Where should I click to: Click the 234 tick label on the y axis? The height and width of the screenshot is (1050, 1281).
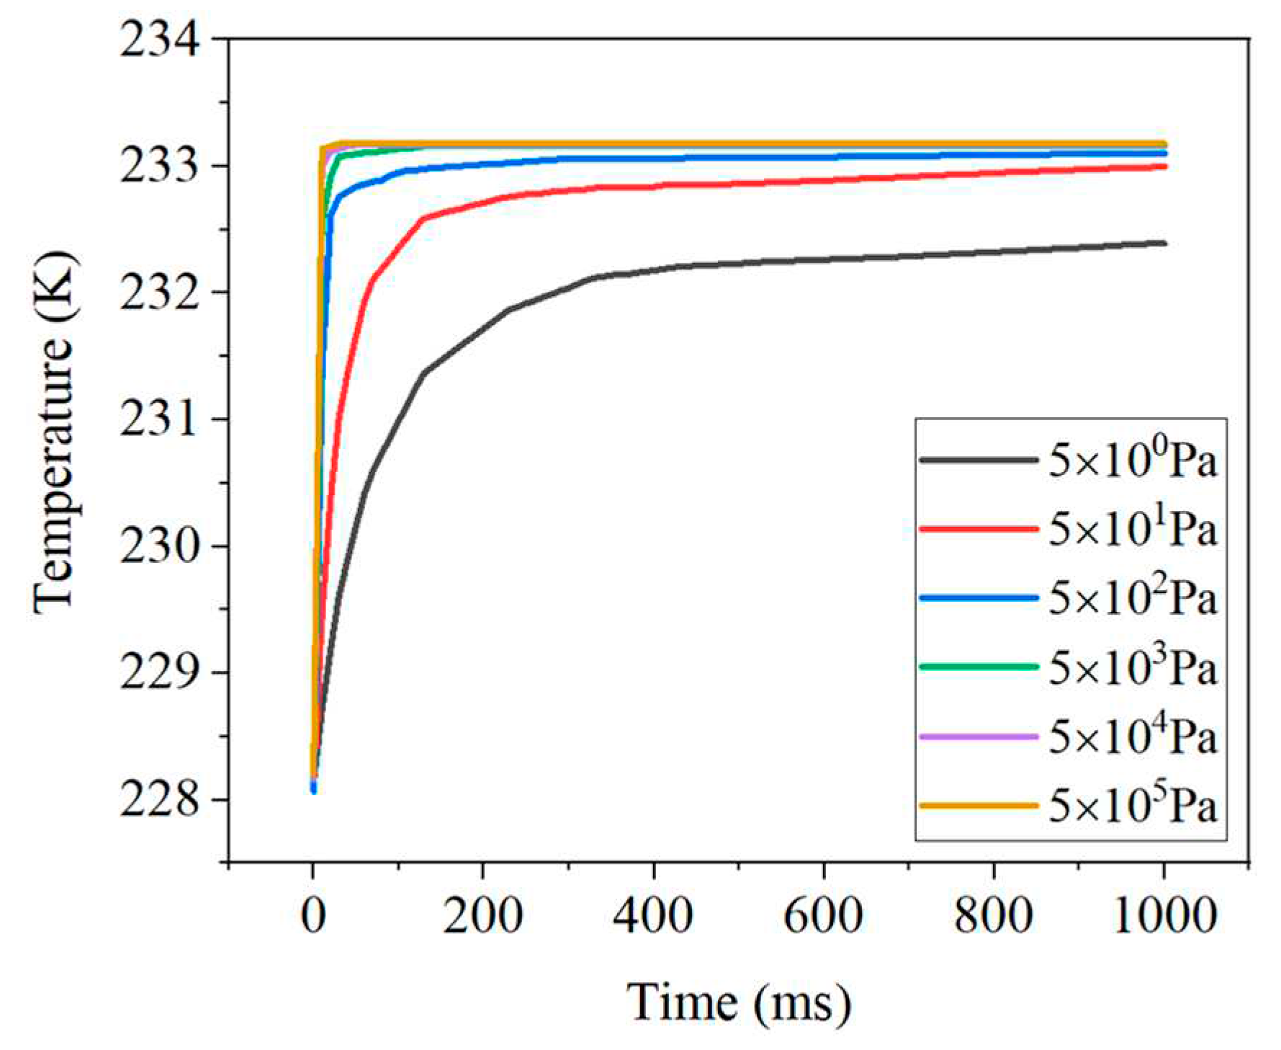coord(160,39)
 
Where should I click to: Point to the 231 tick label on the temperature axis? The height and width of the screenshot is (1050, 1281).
coord(160,419)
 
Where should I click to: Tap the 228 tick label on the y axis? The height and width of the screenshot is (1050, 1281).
coord(160,799)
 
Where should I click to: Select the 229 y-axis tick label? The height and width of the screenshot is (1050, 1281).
coord(160,672)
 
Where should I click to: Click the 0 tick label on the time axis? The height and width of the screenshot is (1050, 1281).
coord(313,916)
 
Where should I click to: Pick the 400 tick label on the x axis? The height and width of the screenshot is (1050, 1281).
coord(653,916)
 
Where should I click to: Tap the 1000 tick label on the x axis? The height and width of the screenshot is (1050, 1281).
coord(1164,916)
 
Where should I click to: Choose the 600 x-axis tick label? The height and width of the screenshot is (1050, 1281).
coord(823,916)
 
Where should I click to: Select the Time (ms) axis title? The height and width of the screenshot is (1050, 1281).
coord(738,1002)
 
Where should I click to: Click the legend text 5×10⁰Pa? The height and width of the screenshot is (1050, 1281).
coord(1132,459)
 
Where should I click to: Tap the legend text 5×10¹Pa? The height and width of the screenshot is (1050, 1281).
coord(1132,528)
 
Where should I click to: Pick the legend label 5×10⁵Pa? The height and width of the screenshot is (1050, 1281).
coord(1132,805)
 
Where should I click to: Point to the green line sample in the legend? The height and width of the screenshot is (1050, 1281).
coord(979,667)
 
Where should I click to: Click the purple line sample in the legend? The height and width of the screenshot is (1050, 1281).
coord(979,736)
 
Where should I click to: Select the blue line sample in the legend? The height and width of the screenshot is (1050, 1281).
coord(979,597)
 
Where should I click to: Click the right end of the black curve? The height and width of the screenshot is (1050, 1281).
coord(1163,244)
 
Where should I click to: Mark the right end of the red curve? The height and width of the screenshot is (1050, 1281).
coord(1163,166)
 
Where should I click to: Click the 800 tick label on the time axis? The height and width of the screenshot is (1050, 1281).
coord(994,916)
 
